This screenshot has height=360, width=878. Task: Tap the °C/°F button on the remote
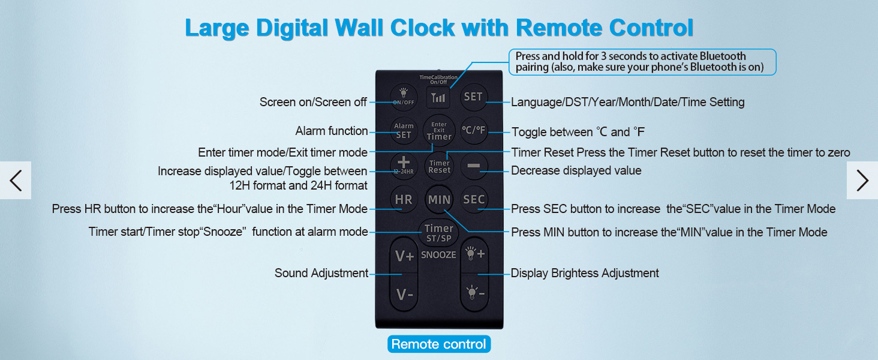474,130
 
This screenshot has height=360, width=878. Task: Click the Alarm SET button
404,130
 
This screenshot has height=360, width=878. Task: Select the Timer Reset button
439,166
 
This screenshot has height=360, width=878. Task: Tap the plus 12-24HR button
404,164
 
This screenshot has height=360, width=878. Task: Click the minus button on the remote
474,166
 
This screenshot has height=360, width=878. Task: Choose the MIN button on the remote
439,199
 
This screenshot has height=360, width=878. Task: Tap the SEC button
474,199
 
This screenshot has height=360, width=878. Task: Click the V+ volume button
404,256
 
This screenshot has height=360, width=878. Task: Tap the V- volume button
404,295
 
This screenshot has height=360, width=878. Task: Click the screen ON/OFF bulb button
404,96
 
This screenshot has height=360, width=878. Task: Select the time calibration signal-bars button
438,97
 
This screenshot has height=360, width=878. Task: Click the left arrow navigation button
16,180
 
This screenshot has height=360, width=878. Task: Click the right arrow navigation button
862,180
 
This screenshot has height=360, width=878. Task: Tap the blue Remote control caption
438,344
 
